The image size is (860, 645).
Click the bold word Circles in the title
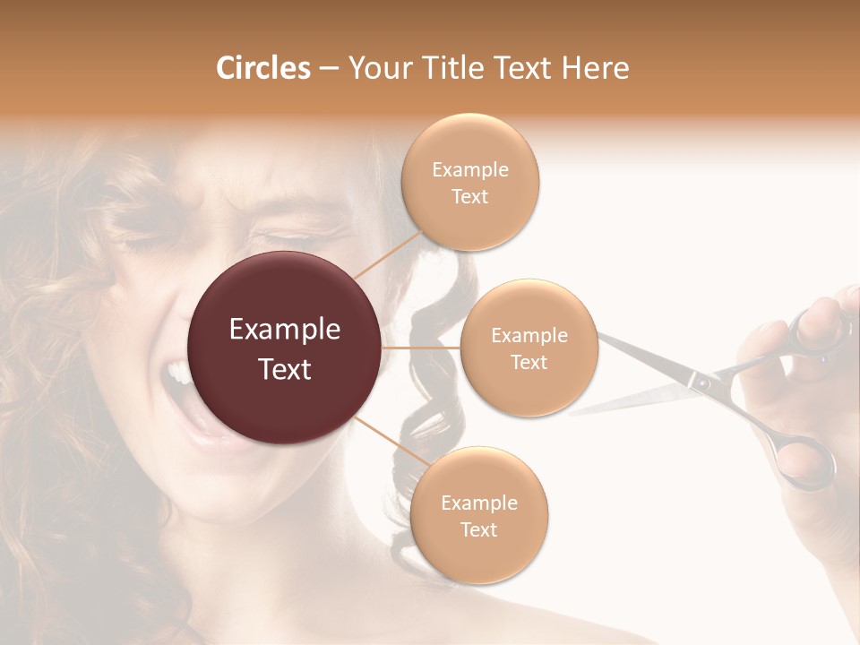[x=263, y=68]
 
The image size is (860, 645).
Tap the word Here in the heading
[x=595, y=68]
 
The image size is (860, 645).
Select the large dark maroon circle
[x=285, y=348]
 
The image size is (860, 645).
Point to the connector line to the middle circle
[x=421, y=347]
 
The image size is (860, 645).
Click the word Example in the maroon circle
[x=285, y=330]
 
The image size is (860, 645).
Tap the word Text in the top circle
[x=470, y=197]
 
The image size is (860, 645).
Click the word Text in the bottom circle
[x=478, y=529]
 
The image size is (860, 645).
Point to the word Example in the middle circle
[x=529, y=336]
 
